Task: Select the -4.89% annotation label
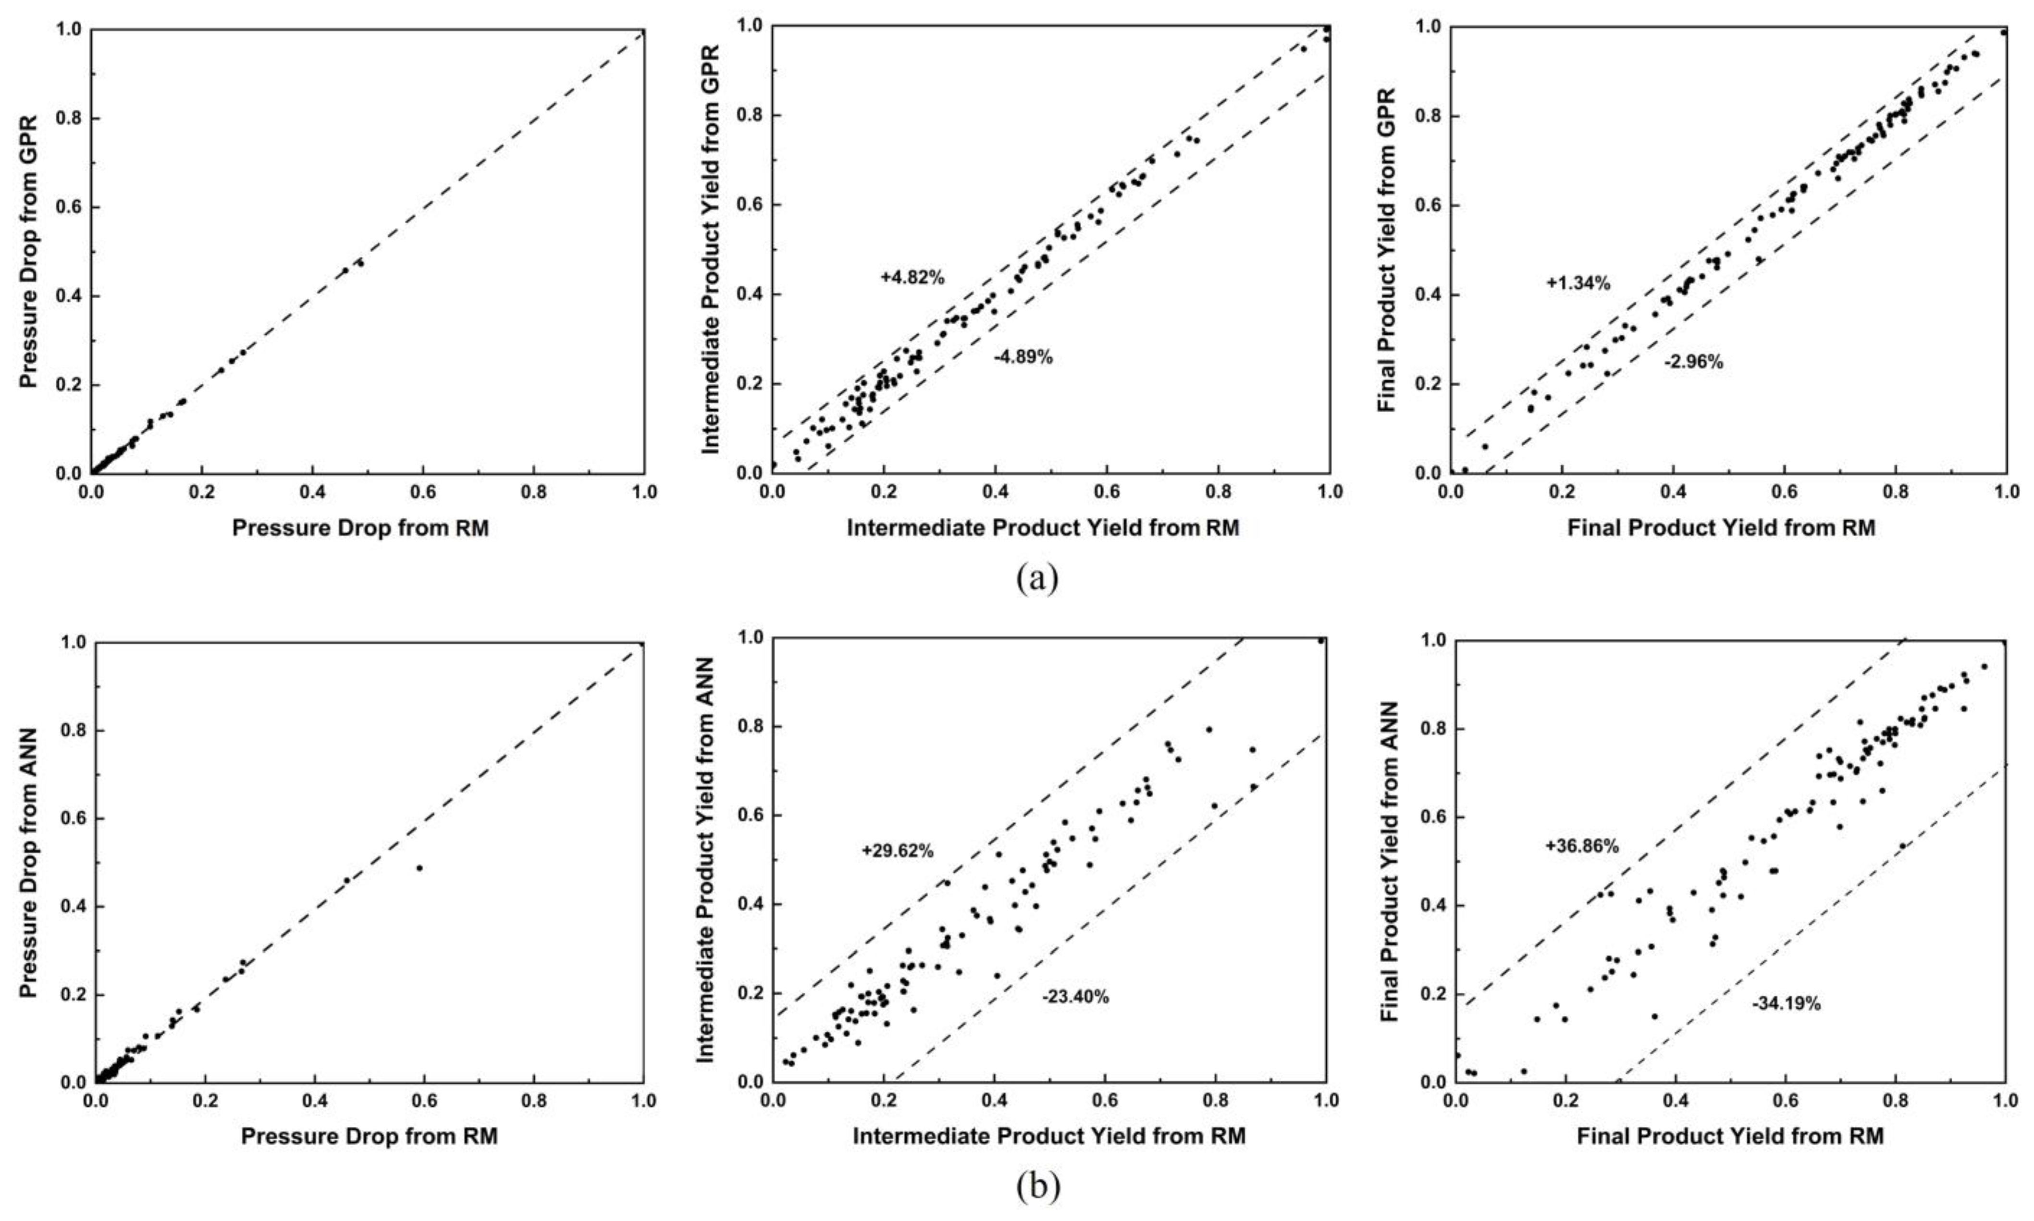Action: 1023,357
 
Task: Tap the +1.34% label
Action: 1578,284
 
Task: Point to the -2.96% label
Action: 1693,362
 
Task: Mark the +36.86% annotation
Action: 1582,846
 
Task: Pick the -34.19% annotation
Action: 1786,1004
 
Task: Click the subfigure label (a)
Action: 1037,578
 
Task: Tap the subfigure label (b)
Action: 1037,1185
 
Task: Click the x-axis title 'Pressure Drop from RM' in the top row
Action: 360,528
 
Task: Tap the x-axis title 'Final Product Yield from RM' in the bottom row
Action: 1729,1136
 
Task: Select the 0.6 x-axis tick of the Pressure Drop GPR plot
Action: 423,492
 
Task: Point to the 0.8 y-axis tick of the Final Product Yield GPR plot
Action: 1429,116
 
